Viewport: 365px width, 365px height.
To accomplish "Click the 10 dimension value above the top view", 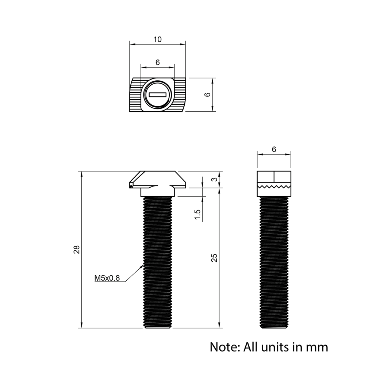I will coord(157,39).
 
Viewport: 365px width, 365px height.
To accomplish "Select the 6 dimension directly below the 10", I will coord(157,62).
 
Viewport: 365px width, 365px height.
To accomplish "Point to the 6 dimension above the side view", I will coord(274,149).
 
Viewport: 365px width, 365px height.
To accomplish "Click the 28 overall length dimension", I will coord(77,250).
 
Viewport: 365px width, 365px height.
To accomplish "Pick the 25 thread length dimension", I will coord(215,258).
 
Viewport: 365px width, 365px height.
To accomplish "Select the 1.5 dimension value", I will coord(198,215).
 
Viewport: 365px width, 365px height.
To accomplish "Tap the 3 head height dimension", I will coord(215,180).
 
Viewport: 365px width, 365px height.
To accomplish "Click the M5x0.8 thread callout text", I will coord(107,278).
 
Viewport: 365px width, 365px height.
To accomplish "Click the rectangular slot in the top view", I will coord(157,95).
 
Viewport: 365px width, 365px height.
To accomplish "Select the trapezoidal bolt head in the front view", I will coord(157,179).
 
